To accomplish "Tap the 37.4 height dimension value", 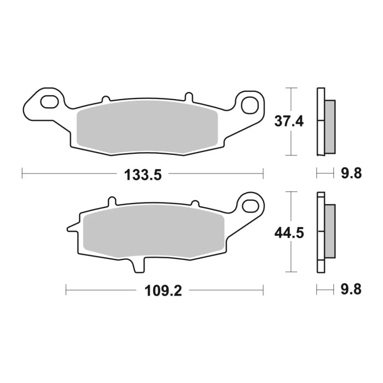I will [288, 121].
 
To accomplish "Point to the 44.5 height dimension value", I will [288, 232].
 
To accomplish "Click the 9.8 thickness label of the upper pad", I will [351, 175].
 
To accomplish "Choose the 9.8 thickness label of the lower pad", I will [351, 289].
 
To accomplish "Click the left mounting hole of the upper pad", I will [49, 101].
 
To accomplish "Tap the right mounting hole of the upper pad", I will [251, 102].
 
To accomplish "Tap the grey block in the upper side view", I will [330, 126].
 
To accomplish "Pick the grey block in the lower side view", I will [330, 231].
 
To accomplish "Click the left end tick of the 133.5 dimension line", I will [22, 174].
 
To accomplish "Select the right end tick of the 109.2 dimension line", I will [263, 289].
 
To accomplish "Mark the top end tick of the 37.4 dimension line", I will [292, 88].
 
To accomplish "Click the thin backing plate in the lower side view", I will [321, 231].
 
